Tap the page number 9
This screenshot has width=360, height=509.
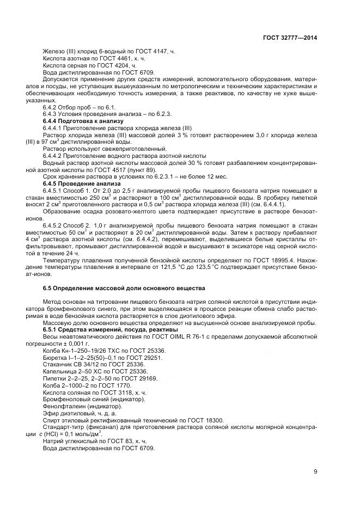[x=315, y=471]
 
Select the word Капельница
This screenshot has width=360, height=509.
[x=59, y=371]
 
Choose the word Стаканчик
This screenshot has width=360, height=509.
[x=58, y=364]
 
